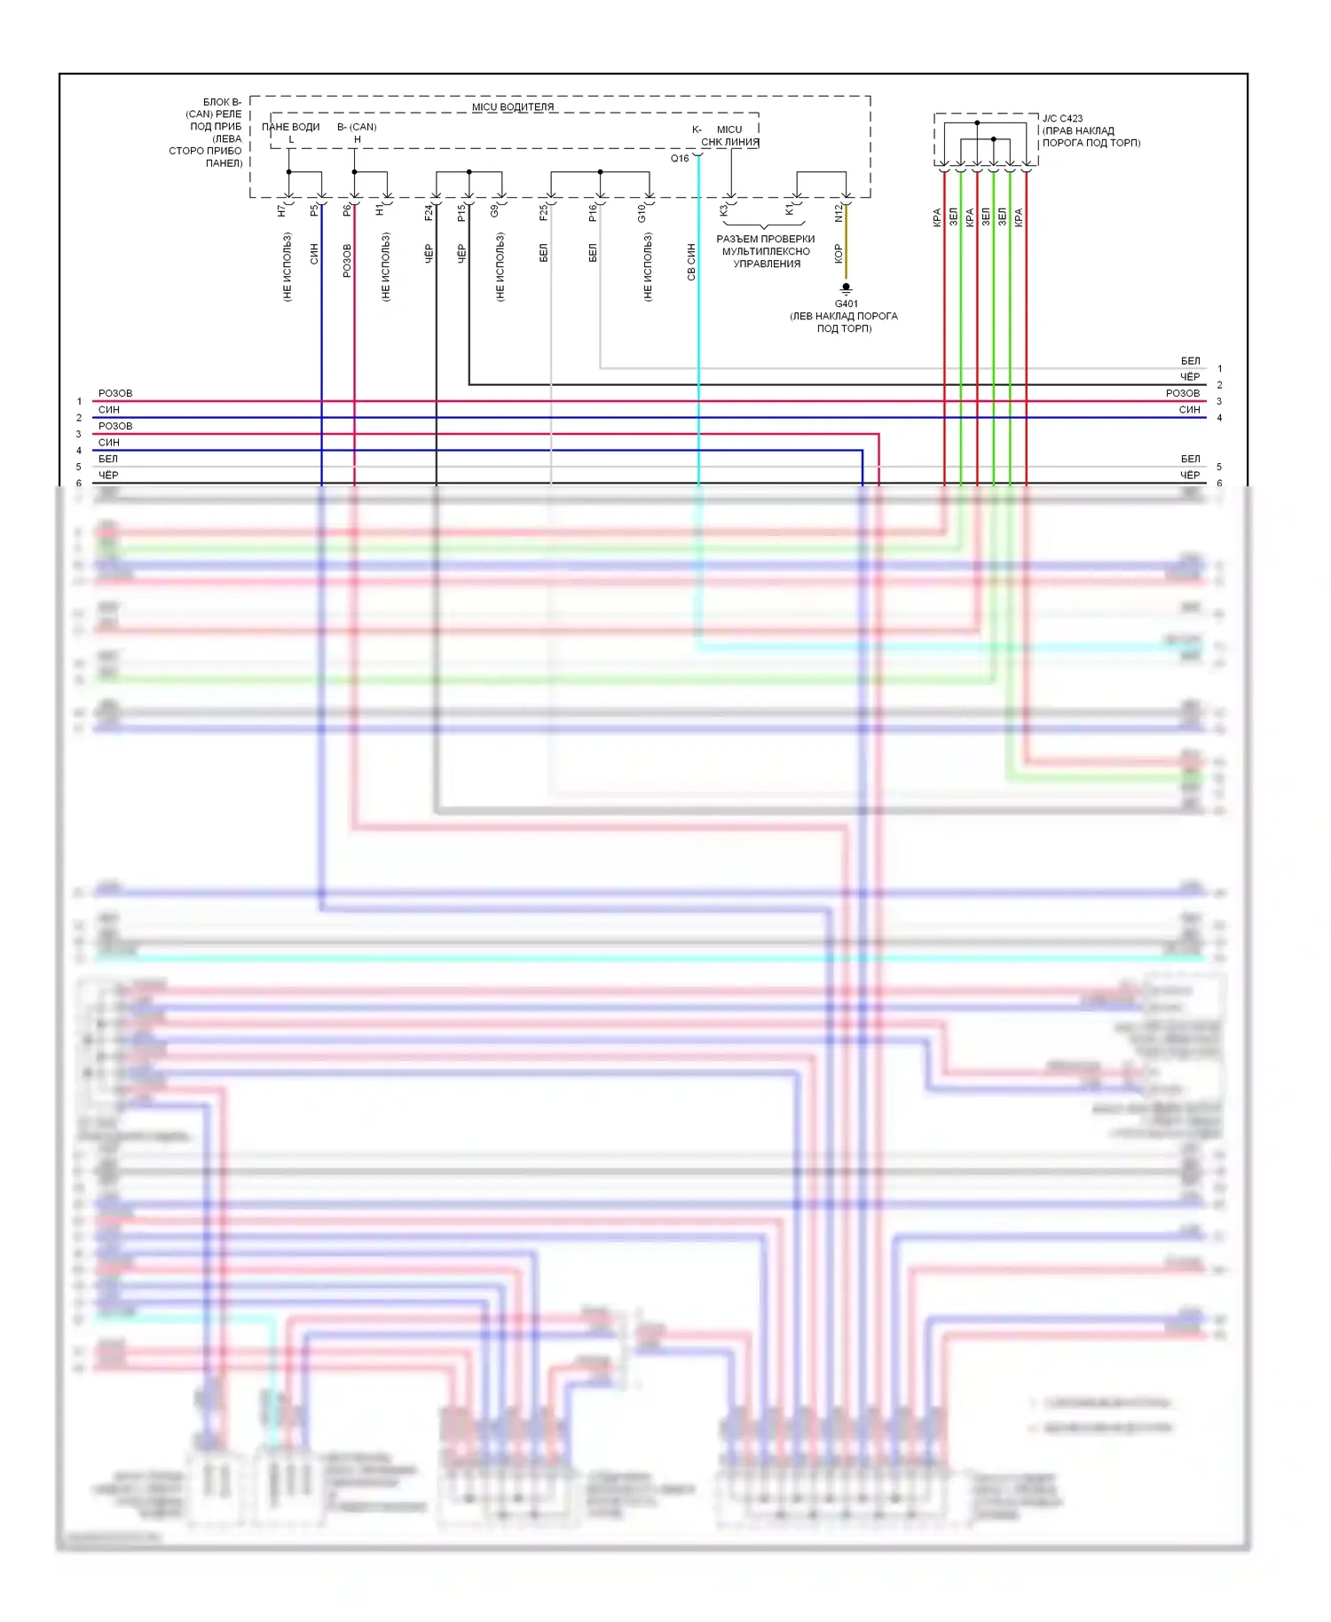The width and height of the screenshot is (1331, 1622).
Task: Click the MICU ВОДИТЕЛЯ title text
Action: pyautogui.click(x=512, y=107)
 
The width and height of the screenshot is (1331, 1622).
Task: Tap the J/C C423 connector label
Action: pyautogui.click(x=1062, y=118)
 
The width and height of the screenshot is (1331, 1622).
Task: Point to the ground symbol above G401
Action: pyautogui.click(x=846, y=288)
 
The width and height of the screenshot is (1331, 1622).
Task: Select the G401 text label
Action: pyautogui.click(x=846, y=303)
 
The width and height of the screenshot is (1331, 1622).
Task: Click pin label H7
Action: pyautogui.click(x=281, y=211)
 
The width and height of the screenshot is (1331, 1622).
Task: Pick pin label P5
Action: pyautogui.click(x=314, y=211)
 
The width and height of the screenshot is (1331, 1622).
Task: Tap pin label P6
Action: pyautogui.click(x=347, y=211)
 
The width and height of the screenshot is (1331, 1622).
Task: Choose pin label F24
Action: pyautogui.click(x=428, y=213)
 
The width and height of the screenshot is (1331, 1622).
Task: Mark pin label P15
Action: pyautogui.click(x=461, y=213)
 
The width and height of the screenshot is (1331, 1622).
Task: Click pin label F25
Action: pyautogui.click(x=543, y=213)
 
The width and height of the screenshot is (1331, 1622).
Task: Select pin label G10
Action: pyautogui.click(x=642, y=213)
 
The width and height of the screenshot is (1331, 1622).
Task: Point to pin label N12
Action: pyautogui.click(x=839, y=213)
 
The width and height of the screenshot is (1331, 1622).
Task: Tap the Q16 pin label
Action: pyautogui.click(x=680, y=159)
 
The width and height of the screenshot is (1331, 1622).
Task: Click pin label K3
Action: pyautogui.click(x=723, y=211)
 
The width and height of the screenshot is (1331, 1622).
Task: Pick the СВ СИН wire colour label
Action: pyautogui.click(x=691, y=263)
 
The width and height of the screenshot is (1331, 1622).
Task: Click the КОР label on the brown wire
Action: pyautogui.click(x=838, y=254)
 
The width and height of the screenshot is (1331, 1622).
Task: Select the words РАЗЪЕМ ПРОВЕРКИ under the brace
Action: pyautogui.click(x=765, y=240)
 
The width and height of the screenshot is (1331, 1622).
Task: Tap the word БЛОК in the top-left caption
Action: pyautogui.click(x=217, y=102)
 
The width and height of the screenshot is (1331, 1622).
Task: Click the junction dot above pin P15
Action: pyautogui.click(x=469, y=172)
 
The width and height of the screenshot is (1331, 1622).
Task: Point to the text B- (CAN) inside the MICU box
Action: pyautogui.click(x=357, y=127)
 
